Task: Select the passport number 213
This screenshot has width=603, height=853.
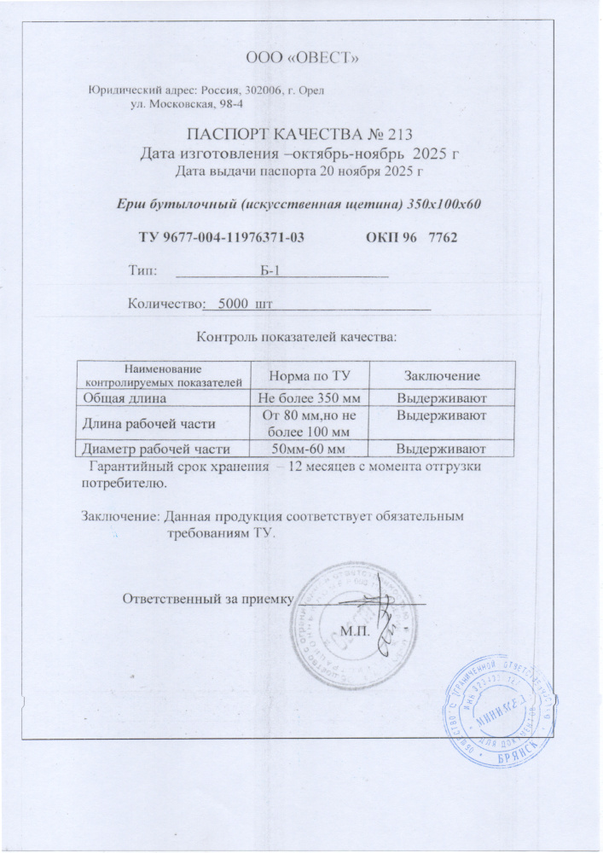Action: click(400, 133)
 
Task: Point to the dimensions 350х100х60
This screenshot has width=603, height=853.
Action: click(438, 203)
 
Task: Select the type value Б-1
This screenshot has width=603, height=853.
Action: click(270, 270)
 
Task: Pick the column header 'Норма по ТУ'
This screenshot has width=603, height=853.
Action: click(305, 376)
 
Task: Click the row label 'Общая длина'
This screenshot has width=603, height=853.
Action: click(124, 397)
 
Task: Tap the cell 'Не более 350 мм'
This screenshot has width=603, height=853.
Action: click(305, 397)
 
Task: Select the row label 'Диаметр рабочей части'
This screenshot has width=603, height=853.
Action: click(155, 448)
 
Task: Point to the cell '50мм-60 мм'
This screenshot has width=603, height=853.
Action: click(306, 448)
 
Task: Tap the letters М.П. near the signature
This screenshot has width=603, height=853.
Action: click(352, 631)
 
